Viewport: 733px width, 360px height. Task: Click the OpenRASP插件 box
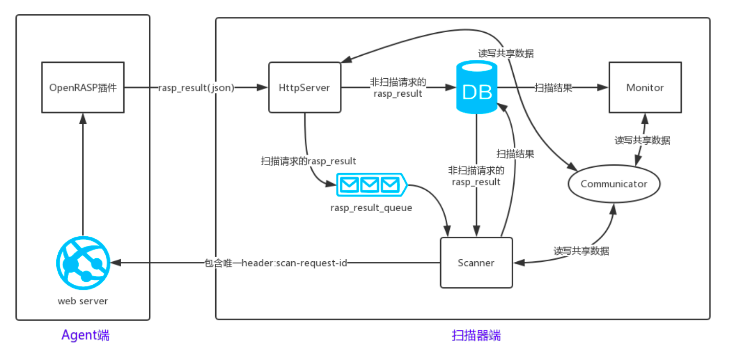pyautogui.click(x=83, y=87)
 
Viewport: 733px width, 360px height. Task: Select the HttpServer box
pyautogui.click(x=305, y=87)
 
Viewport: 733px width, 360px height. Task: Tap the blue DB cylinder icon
pyautogui.click(x=476, y=87)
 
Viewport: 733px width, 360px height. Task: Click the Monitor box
pyautogui.click(x=645, y=87)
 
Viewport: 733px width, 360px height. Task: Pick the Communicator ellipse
pyautogui.click(x=614, y=184)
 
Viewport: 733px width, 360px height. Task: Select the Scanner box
pyautogui.click(x=476, y=263)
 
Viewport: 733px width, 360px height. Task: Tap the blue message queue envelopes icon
pyautogui.click(x=371, y=185)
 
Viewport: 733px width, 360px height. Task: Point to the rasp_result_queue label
pyautogui.click(x=371, y=208)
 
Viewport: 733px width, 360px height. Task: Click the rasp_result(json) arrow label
pyautogui.click(x=196, y=87)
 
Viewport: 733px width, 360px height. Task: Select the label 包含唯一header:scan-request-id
pyautogui.click(x=276, y=263)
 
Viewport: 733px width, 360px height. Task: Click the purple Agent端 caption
pyautogui.click(x=85, y=335)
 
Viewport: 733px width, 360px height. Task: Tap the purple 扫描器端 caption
pyautogui.click(x=476, y=335)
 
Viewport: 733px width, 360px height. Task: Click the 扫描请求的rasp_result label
pyautogui.click(x=309, y=161)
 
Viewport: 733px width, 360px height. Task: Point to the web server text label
pyautogui.click(x=83, y=301)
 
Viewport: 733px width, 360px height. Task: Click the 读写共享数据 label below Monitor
pyautogui.click(x=642, y=140)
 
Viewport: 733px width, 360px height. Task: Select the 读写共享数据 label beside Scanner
pyautogui.click(x=581, y=251)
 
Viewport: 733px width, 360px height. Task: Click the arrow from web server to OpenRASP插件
pyautogui.click(x=82, y=174)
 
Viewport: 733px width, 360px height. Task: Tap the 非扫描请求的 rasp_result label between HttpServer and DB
pyautogui.click(x=398, y=87)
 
